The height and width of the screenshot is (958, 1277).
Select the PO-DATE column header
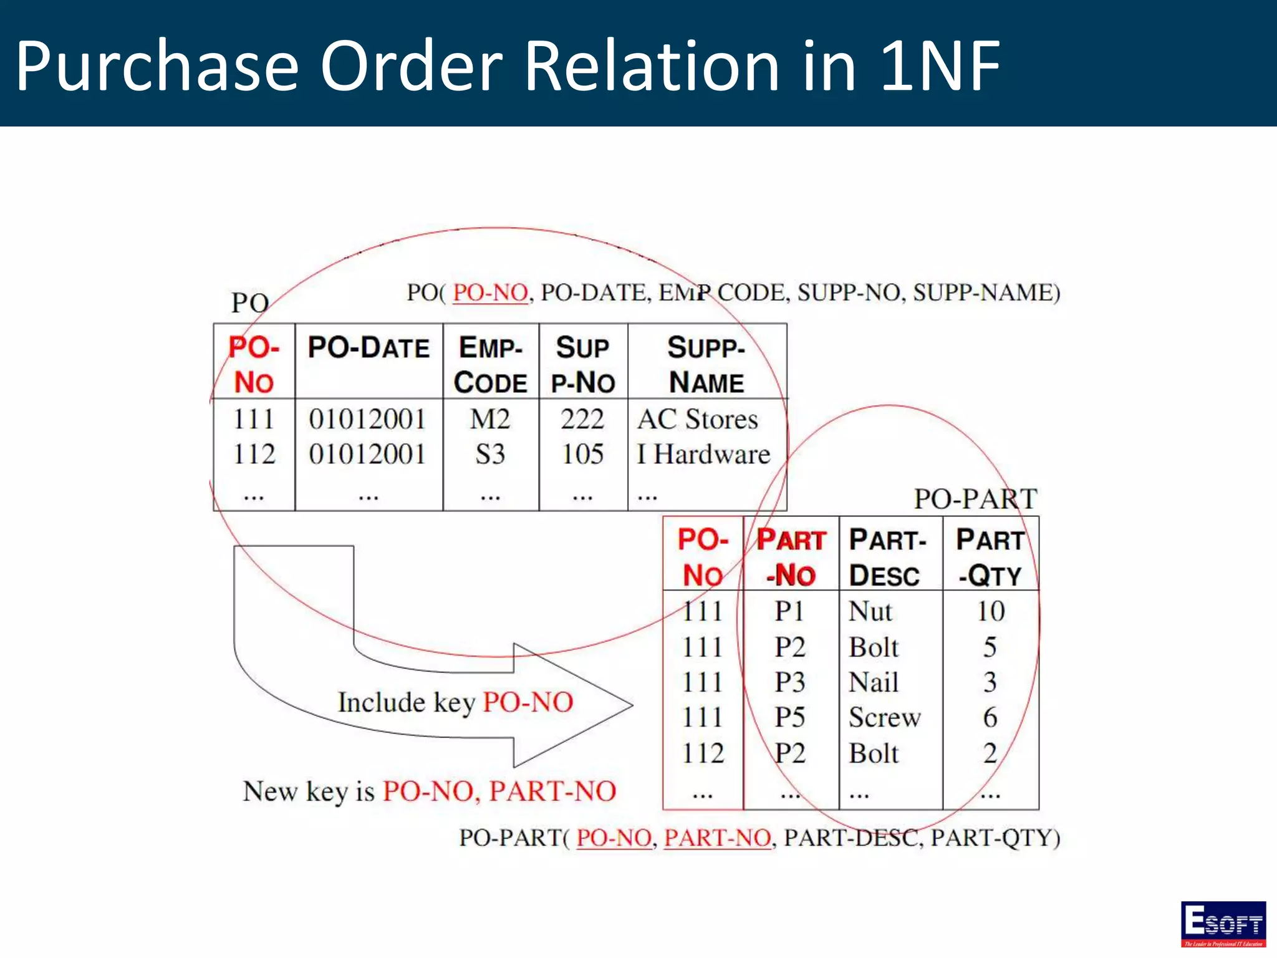point(369,347)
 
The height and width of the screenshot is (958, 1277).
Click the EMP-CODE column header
point(491,365)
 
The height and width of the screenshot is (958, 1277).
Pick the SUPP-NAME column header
point(706,365)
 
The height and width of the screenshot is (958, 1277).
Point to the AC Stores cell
point(698,419)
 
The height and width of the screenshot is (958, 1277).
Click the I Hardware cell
point(703,454)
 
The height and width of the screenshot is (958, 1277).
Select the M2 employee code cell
point(490,419)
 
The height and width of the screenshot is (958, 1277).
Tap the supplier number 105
point(582,454)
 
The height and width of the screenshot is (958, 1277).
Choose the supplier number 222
point(582,419)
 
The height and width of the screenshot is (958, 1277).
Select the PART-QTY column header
point(990,557)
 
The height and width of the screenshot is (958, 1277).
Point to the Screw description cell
point(884,717)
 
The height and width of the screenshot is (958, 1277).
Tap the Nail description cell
point(874,682)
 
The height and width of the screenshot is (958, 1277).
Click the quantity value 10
point(990,611)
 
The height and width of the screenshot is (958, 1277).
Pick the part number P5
point(790,717)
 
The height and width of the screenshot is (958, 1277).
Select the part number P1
point(789,611)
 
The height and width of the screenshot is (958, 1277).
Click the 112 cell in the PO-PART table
point(703,753)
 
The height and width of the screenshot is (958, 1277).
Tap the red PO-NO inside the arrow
point(528,702)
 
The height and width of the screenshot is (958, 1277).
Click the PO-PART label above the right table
point(975,499)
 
